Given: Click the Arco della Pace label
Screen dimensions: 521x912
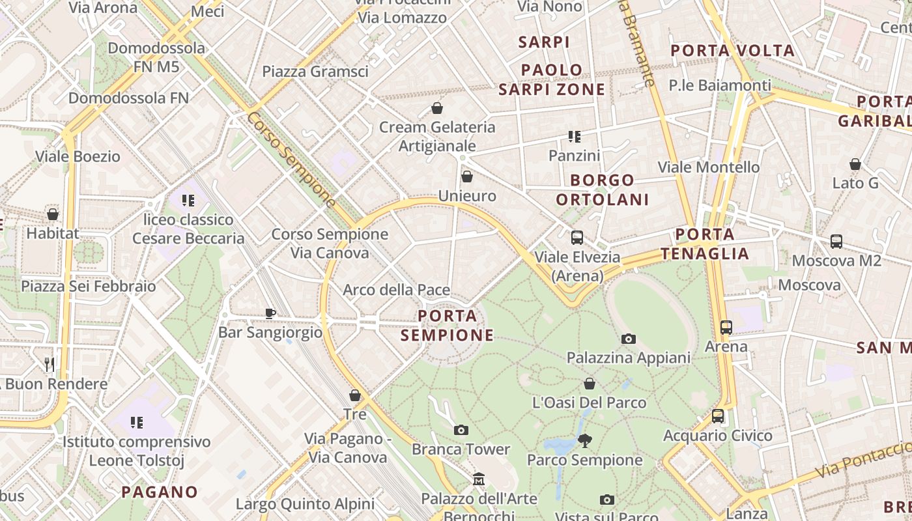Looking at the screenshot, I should pos(396,290).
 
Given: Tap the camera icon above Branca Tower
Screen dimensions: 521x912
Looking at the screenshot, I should pos(461,430).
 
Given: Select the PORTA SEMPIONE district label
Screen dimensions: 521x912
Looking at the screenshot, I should pos(447,326).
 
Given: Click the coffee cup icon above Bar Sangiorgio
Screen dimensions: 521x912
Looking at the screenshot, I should pos(270,313).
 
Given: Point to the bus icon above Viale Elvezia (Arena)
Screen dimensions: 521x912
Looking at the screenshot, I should pos(577,238).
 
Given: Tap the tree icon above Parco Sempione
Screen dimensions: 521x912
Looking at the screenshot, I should pos(584,441).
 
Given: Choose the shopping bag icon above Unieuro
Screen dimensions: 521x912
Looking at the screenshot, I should pos(466,176).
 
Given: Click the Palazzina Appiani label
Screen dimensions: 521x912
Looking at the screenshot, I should pos(628,358).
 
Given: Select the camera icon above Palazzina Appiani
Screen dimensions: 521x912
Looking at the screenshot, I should pos(628,339).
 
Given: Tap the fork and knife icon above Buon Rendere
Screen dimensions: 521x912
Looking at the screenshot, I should pos(50,364).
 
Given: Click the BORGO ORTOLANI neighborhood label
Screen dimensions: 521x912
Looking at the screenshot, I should pos(603,190).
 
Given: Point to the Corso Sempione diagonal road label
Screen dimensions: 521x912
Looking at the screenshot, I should pos(291,160).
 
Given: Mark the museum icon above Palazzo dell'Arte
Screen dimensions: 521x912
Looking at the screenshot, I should pos(479,479).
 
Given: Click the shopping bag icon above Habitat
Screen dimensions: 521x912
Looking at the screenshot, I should pos(53,214).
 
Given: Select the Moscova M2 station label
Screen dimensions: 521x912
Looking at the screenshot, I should pos(836,260).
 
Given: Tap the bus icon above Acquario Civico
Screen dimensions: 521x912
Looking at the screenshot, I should pos(717,415).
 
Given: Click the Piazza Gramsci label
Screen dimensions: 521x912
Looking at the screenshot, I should pos(315,72).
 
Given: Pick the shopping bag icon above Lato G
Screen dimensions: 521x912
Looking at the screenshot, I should pos(855,164).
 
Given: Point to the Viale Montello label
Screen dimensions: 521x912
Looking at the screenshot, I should pos(709,167).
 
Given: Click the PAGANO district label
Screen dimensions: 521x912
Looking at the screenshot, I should pos(160,492).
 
